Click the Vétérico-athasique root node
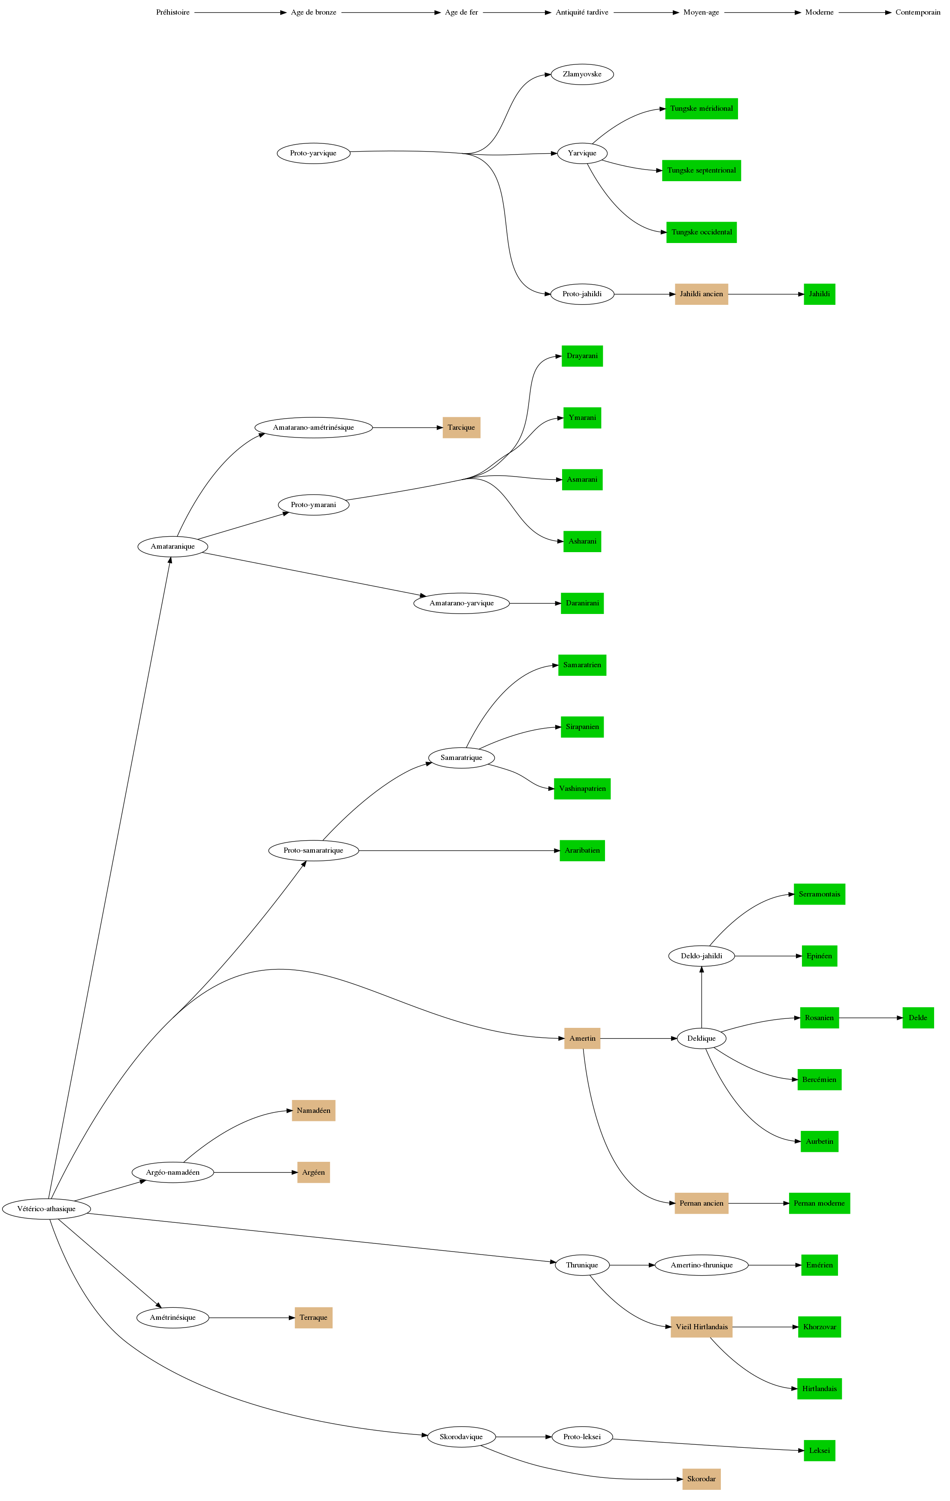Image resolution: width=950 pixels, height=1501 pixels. coord(47,1209)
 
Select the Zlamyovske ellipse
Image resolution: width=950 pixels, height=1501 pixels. coord(582,74)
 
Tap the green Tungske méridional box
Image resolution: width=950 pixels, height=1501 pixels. coord(702,109)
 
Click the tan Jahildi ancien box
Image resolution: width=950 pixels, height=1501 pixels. coord(702,294)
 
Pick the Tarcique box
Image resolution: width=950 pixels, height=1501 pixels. coord(461,428)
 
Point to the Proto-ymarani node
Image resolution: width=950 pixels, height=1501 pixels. coord(313,505)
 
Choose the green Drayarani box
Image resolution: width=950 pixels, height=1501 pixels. coord(582,356)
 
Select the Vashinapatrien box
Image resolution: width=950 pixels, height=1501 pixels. coord(582,789)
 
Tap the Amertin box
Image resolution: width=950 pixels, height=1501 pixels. coord(582,1039)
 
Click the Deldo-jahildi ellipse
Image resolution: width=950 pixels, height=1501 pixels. coord(702,956)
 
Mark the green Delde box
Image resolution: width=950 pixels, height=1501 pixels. coord(918,1018)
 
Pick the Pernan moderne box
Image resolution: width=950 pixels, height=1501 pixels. coord(819,1203)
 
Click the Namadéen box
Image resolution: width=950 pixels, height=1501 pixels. coord(313,1111)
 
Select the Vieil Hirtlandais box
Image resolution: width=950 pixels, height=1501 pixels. coord(702,1327)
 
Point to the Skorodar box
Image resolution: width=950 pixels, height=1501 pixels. coord(702,1479)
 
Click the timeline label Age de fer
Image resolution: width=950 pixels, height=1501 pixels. coord(461,12)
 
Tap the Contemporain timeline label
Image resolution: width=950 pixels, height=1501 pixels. coord(918,12)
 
